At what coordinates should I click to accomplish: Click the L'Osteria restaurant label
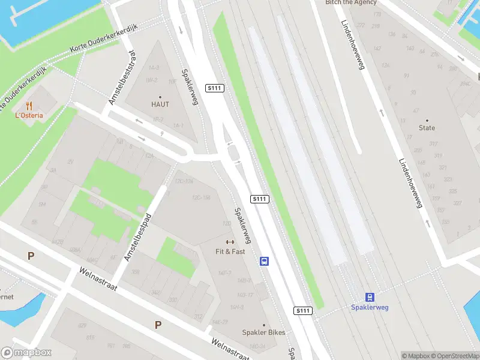pyautogui.click(x=29, y=115)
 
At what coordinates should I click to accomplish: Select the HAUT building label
pyautogui.click(x=160, y=104)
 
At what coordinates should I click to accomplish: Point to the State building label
pyautogui.click(x=427, y=128)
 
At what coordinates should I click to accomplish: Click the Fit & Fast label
pyautogui.click(x=230, y=251)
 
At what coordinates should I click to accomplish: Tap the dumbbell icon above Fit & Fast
pyautogui.click(x=230, y=242)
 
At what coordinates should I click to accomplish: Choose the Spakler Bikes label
pyautogui.click(x=263, y=332)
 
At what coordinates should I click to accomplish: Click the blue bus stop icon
pyautogui.click(x=264, y=261)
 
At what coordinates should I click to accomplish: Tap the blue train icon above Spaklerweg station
pyautogui.click(x=370, y=297)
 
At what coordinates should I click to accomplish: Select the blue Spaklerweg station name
pyautogui.click(x=370, y=307)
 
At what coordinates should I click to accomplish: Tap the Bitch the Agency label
pyautogui.click(x=351, y=2)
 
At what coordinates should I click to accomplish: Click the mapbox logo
pyautogui.click(x=26, y=352)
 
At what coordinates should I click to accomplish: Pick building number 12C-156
pyautogui.click(x=201, y=198)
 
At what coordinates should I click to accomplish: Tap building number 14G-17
pyautogui.click(x=245, y=295)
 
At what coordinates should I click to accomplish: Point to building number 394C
pyautogui.click(x=465, y=83)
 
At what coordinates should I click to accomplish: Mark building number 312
pyautogui.click(x=198, y=316)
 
